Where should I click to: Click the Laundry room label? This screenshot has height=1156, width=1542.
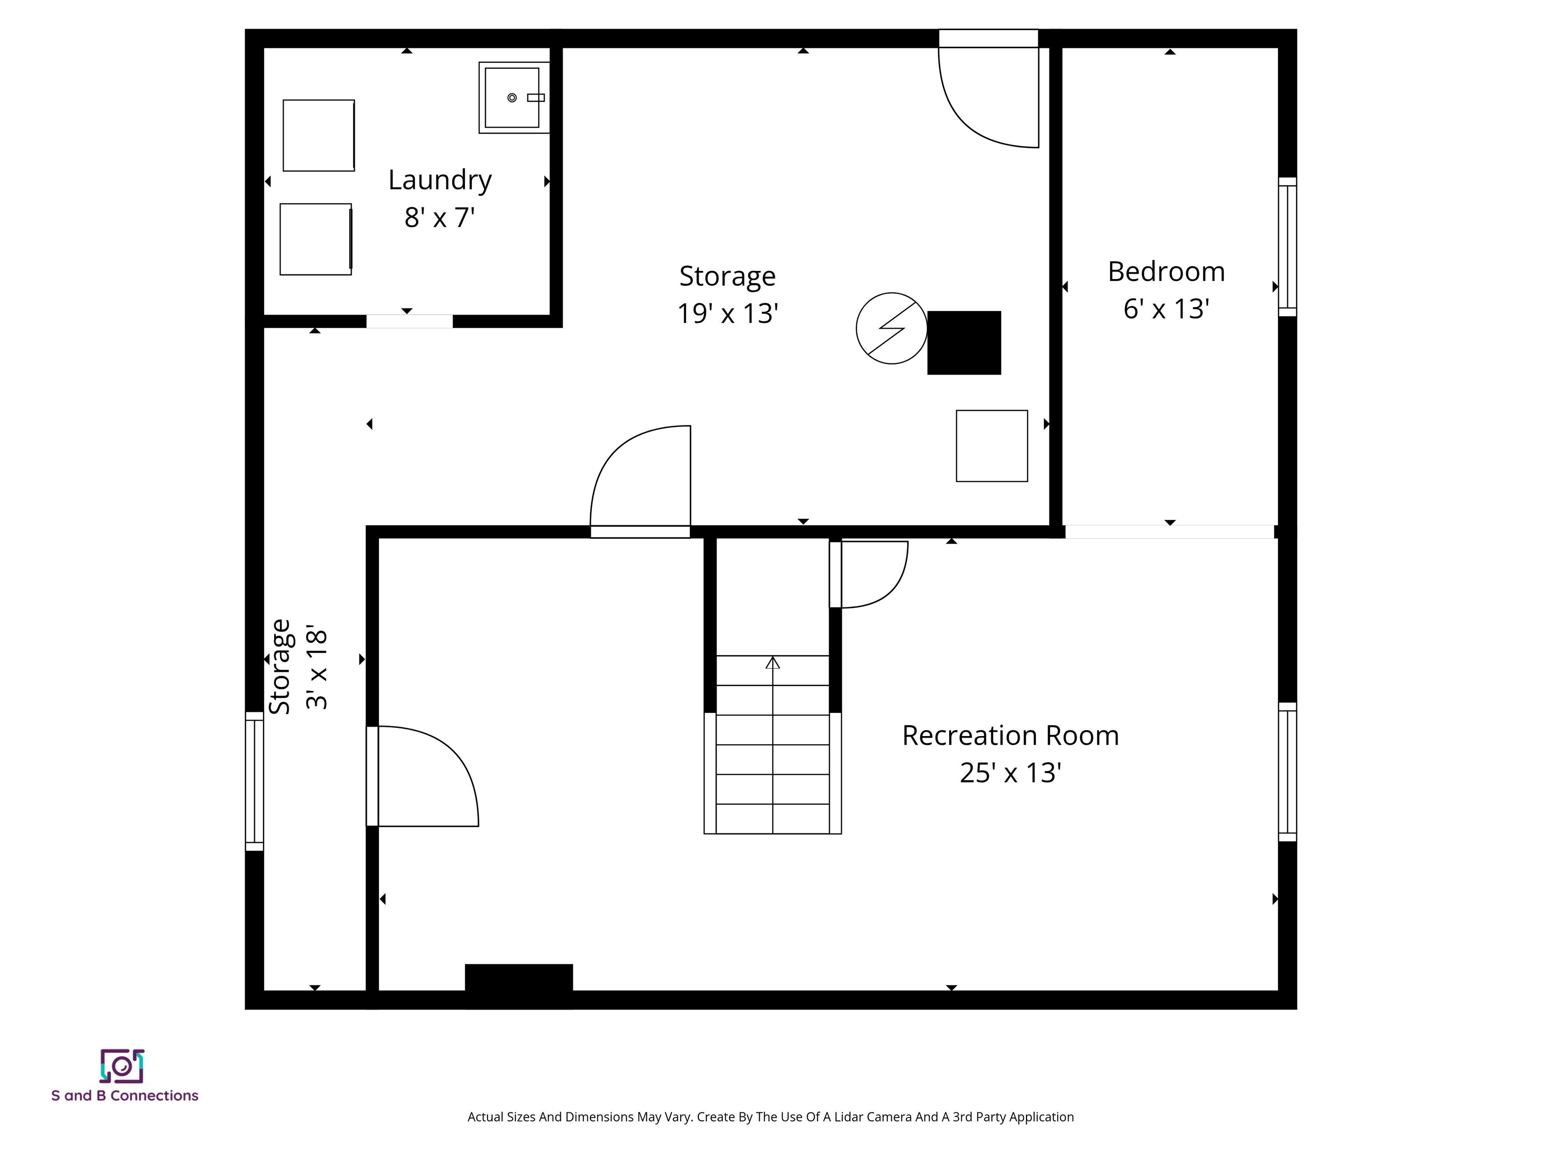[x=440, y=180]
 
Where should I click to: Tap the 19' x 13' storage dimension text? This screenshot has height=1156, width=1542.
[x=727, y=314]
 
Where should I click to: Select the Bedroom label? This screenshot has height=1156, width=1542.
[x=1166, y=272]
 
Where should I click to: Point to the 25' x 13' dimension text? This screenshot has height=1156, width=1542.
[x=1010, y=773]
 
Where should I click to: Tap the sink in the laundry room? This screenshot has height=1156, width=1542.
[x=512, y=97]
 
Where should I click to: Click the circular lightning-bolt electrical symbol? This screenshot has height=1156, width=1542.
[x=891, y=328]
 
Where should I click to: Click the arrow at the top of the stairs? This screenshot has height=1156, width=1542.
[x=773, y=663]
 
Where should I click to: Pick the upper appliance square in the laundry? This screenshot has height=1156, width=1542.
[x=319, y=135]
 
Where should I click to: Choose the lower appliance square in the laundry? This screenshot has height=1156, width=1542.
[x=316, y=239]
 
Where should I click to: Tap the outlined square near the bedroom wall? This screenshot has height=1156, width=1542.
[x=991, y=446]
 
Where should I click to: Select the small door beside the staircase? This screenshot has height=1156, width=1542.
[x=868, y=573]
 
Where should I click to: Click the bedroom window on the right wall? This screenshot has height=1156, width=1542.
[x=1287, y=247]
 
